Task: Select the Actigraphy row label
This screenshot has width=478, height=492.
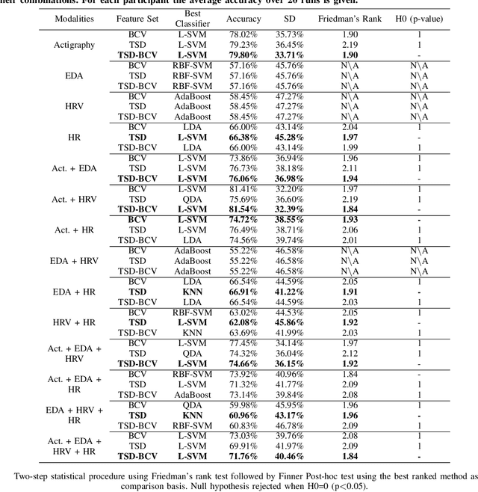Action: point(74,44)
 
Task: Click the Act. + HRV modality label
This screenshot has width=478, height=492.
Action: point(74,199)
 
